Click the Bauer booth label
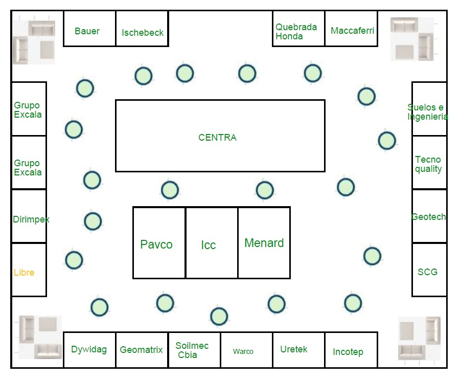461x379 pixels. click(x=87, y=31)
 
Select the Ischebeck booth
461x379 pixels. click(x=142, y=29)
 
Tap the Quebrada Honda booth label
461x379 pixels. click(x=296, y=32)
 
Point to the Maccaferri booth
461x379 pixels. click(x=351, y=29)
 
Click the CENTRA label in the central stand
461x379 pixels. click(x=218, y=138)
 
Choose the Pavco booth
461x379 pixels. click(x=159, y=243)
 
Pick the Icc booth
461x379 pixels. click(x=212, y=243)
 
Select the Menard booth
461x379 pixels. click(x=264, y=243)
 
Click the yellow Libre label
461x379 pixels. click(x=24, y=273)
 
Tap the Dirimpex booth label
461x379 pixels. click(x=31, y=219)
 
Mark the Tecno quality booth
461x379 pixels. click(x=429, y=163)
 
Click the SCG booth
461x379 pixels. click(x=429, y=270)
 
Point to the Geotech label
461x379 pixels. click(x=429, y=217)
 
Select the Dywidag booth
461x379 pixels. click(x=89, y=350)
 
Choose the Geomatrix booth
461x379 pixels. click(x=142, y=350)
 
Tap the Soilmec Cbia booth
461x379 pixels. click(x=194, y=350)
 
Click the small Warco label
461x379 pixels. click(x=243, y=351)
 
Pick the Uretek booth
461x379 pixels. click(x=298, y=350)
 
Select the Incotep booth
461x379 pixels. click(x=351, y=350)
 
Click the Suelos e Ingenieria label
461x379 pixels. click(x=428, y=112)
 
